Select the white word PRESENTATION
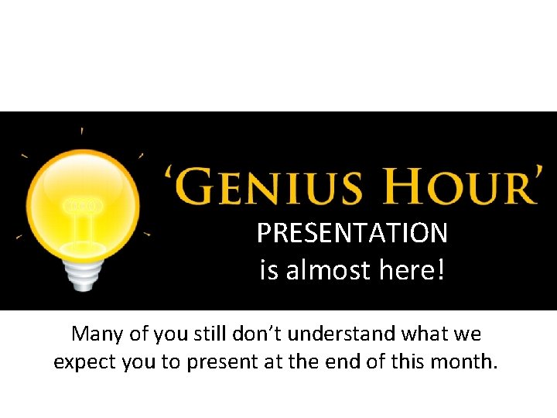352,232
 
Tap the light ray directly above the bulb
82,132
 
